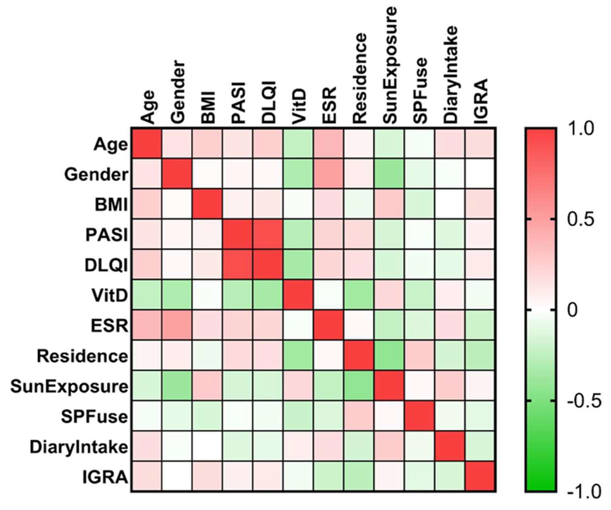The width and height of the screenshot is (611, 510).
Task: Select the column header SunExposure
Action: [x=389, y=65]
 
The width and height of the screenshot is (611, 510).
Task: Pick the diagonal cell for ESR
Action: [x=329, y=326]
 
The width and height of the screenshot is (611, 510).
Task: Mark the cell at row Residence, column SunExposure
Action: [x=389, y=356]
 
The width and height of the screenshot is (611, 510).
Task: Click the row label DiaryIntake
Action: [x=79, y=447]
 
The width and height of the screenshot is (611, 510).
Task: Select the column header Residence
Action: [x=359, y=79]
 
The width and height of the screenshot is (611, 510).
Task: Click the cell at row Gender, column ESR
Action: [x=329, y=174]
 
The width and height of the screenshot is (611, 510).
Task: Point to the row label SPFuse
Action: [x=94, y=417]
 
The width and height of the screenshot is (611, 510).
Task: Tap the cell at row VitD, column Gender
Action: [x=177, y=295]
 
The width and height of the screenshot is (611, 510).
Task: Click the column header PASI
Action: [x=238, y=103]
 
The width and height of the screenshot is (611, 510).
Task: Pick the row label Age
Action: [x=111, y=144]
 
